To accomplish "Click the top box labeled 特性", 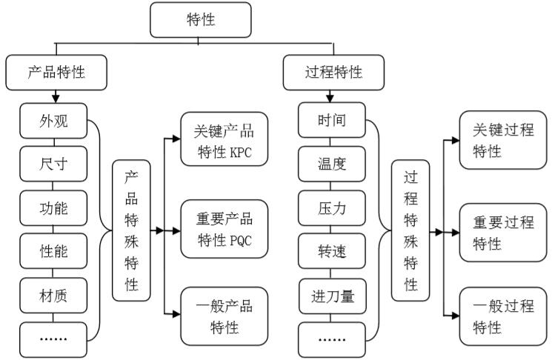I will pos(200,20).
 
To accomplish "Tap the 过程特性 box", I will pos(333,73).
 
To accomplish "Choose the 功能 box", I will pos(53,207).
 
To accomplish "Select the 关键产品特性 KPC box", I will pos(223,140).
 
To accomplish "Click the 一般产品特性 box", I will pos(223,317).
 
